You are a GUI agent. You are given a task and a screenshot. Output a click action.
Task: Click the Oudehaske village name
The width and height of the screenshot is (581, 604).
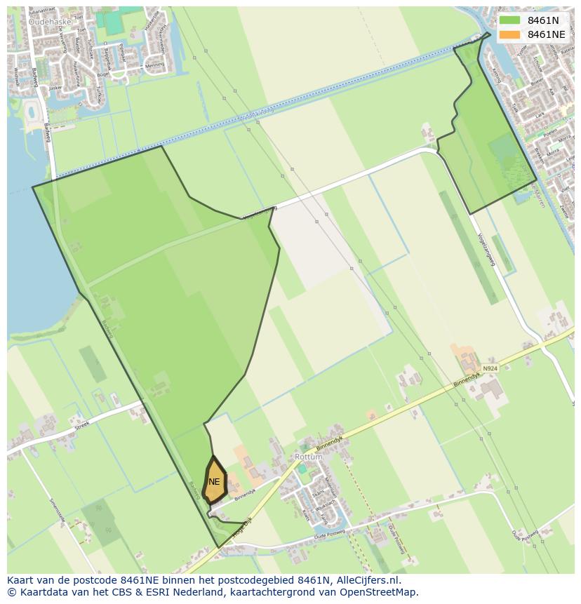[50, 22]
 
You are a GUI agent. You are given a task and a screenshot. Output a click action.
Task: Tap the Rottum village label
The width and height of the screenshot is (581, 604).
[309, 457]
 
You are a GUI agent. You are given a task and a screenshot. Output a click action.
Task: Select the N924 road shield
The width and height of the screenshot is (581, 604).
[490, 368]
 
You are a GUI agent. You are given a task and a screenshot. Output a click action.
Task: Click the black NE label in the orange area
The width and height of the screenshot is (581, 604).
[214, 482]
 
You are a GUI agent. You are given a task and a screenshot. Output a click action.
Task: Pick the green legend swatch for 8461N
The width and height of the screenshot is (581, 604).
[510, 20]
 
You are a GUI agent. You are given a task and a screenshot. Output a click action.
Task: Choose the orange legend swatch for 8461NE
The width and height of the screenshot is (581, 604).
[510, 34]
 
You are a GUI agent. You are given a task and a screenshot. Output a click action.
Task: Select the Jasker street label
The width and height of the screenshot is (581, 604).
[55, 88]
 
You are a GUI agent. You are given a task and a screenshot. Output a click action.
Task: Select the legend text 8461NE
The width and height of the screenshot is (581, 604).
[547, 34]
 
